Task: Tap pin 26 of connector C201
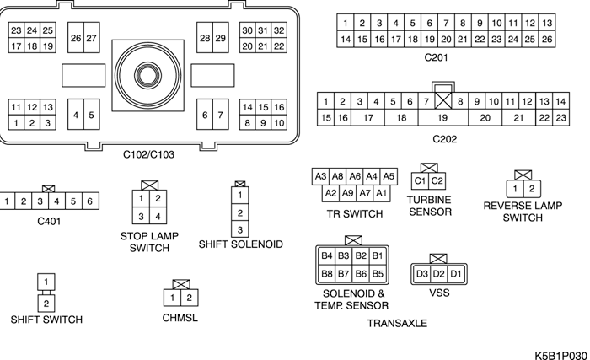547,39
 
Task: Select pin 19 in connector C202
442,117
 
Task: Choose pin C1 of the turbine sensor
419,181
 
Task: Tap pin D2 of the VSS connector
438,274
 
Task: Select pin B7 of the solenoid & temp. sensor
343,274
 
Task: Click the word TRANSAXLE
397,323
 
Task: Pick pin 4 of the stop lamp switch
156,217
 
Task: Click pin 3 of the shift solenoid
240,228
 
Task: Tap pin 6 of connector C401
89,201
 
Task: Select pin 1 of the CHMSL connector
171,298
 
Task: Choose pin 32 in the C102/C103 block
278,30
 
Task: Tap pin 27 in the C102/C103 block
90,39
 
